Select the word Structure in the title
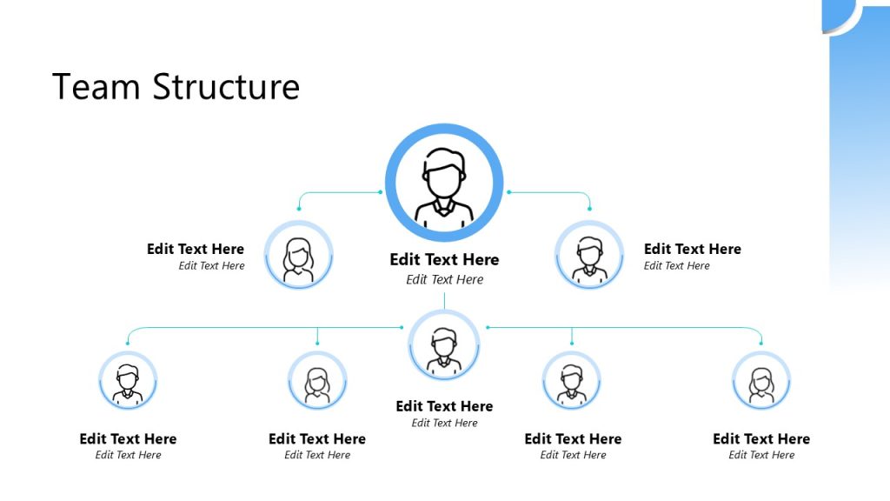[x=226, y=87]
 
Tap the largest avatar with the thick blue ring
[x=444, y=183]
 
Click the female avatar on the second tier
[x=298, y=255]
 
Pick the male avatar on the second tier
[x=589, y=255]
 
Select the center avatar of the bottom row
[x=444, y=345]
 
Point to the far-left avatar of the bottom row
[x=128, y=380]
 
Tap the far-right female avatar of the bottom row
[x=761, y=380]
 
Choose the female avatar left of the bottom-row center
[x=317, y=380]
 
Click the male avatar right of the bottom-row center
[x=571, y=380]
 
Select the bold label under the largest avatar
[x=444, y=259]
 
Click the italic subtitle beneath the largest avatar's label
[x=444, y=279]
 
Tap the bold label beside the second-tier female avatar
[x=196, y=249]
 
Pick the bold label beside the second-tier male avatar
[x=693, y=249]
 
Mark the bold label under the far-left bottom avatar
[x=128, y=438]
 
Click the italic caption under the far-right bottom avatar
[x=761, y=455]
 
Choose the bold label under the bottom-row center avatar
[x=444, y=406]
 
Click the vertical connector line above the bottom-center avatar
[x=444, y=301]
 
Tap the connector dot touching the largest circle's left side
[x=381, y=191]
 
